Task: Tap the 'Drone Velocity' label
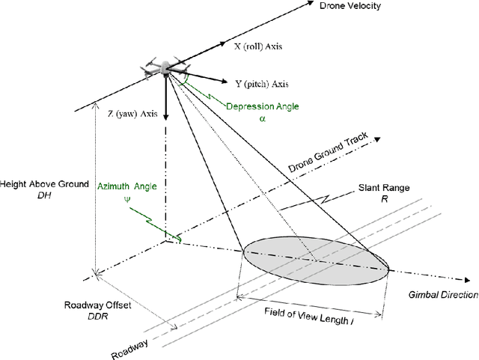350,7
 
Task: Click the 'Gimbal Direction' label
442,296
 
